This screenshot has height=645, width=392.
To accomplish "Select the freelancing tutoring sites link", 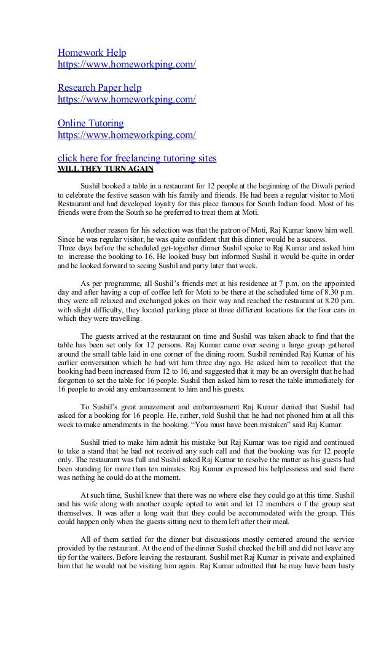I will tap(136, 158).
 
